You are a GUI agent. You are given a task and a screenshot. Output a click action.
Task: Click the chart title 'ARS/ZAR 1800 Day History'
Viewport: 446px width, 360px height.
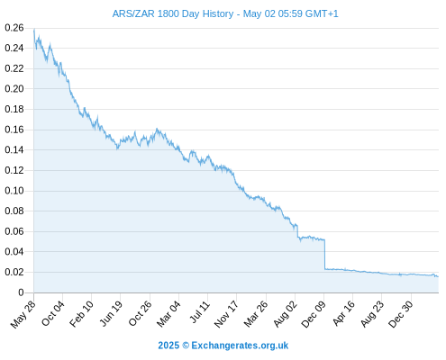tap(173, 13)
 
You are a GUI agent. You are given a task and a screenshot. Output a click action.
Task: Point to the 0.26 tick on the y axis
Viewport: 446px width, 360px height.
tap(14, 28)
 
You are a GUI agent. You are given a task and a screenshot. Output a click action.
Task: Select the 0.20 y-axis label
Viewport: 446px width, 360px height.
tap(14, 89)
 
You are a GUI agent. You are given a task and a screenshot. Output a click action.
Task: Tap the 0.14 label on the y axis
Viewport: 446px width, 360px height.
tap(14, 149)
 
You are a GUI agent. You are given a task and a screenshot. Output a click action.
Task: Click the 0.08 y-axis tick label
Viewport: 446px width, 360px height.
tap(14, 211)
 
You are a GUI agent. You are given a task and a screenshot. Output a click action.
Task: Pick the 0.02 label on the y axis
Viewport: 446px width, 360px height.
tap(14, 272)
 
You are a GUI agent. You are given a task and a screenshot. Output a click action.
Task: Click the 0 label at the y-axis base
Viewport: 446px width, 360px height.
tap(21, 292)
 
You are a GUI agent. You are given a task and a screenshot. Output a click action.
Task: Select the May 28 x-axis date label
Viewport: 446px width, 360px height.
tap(23, 314)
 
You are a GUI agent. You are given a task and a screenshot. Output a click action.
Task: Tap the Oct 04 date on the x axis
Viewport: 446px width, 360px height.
tap(53, 313)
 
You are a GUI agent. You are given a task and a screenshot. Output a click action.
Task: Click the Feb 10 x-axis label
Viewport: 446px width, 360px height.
tap(81, 314)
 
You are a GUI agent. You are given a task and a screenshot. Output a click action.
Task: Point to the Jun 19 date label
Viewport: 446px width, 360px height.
tap(111, 313)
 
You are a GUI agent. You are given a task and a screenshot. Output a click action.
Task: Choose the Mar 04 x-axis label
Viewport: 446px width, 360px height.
tap(168, 314)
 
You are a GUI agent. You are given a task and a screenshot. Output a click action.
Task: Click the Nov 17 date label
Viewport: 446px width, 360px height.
tap(226, 314)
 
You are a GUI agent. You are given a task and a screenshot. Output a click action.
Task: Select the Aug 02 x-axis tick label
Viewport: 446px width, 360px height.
tap(285, 314)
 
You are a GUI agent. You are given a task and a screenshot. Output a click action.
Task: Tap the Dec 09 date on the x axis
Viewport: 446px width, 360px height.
tap(314, 314)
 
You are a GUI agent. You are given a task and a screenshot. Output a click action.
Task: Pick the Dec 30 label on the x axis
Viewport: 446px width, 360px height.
tap(401, 314)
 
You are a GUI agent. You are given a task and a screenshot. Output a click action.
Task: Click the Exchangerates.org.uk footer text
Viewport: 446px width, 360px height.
tap(240, 346)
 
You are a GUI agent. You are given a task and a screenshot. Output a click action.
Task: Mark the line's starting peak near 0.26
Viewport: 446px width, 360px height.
tap(34, 30)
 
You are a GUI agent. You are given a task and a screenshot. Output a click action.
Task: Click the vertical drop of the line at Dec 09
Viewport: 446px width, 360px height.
tap(324, 255)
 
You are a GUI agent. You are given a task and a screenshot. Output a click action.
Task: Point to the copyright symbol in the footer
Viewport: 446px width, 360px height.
tap(186, 346)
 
